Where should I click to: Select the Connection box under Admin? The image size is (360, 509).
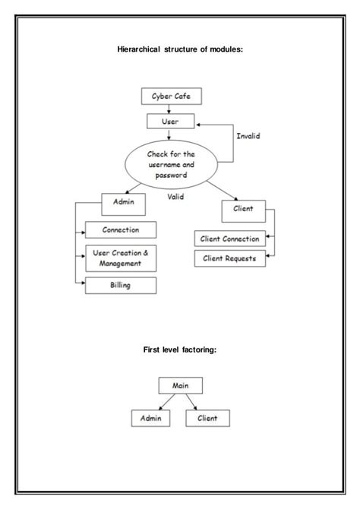[x=120, y=229]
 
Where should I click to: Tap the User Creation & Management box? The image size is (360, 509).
[x=120, y=258]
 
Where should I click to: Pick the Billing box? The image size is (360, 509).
[x=120, y=286]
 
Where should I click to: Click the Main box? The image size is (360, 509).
[x=179, y=385]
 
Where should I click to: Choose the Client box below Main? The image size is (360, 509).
[x=207, y=418]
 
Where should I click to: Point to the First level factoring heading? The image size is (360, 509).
[x=180, y=350]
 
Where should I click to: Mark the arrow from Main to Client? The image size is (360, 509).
[x=194, y=401]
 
